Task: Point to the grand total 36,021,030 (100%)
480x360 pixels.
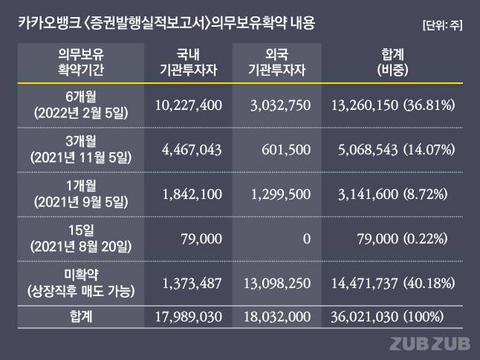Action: coord(387,316)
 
